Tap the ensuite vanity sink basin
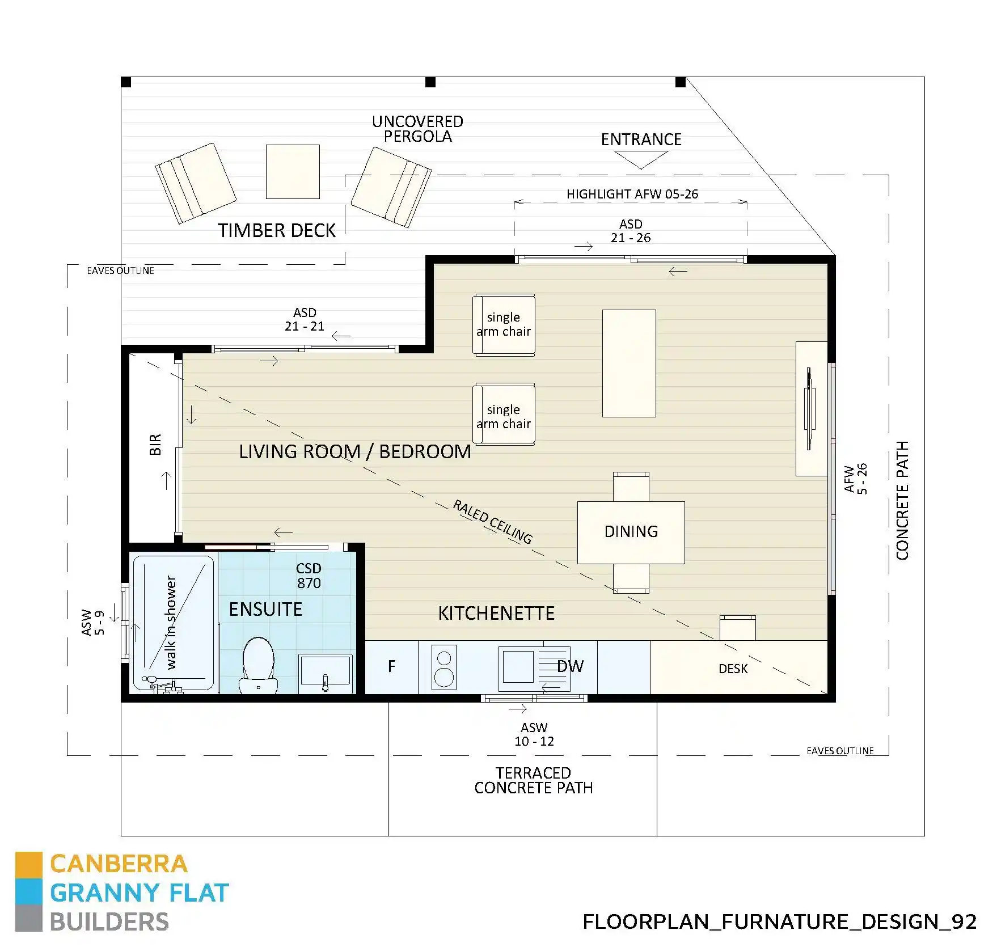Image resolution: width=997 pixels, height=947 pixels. point(325,671)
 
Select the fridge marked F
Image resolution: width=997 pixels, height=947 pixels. point(391,667)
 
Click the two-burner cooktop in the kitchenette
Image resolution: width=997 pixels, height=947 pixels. point(443,667)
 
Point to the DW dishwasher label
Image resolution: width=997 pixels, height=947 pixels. point(570,667)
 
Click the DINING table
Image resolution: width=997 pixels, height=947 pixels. point(631,532)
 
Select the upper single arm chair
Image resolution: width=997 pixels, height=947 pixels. point(504,324)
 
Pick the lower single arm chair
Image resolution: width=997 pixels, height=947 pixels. point(504,416)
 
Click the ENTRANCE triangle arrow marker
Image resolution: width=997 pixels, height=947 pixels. point(641,160)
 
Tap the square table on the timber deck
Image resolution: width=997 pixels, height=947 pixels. point(293,172)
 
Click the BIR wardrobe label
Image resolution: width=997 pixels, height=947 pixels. point(155,445)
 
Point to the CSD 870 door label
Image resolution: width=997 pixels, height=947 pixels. point(309,576)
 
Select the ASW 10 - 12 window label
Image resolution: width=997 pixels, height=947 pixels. point(534,734)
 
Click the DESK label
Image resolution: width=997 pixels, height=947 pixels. point(733,669)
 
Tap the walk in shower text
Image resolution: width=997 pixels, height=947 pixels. point(171,622)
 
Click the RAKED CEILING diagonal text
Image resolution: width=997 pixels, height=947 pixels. point(492,522)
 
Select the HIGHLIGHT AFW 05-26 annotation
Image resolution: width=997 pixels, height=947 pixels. point(632,194)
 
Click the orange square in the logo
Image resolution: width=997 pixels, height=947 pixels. point(28,864)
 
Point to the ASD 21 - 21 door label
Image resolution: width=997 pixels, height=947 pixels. point(305,319)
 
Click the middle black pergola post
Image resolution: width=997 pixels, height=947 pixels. point(430,82)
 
